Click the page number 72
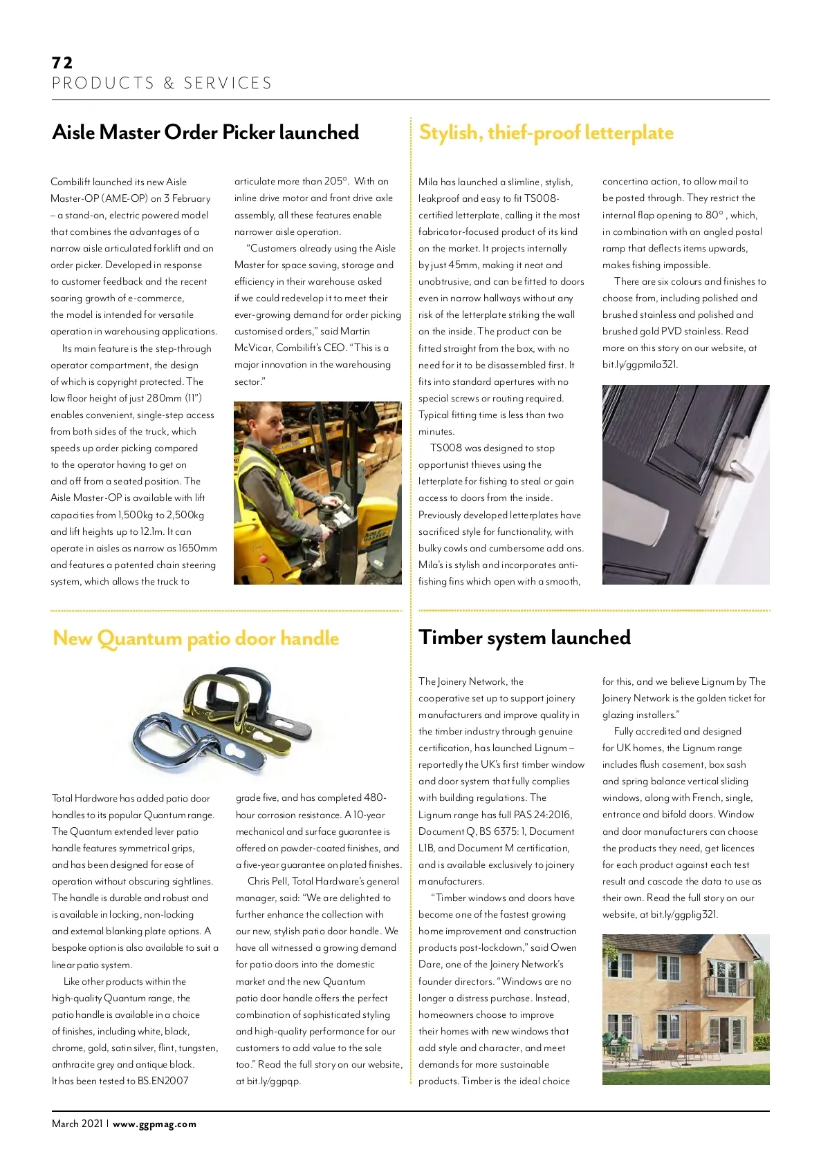click(62, 63)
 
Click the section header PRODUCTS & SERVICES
click(162, 84)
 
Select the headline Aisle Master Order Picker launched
click(205, 132)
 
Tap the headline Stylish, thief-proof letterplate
click(546, 132)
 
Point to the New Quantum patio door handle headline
click(196, 638)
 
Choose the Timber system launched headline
click(524, 637)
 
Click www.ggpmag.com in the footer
click(154, 1124)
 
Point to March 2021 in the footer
click(77, 1124)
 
